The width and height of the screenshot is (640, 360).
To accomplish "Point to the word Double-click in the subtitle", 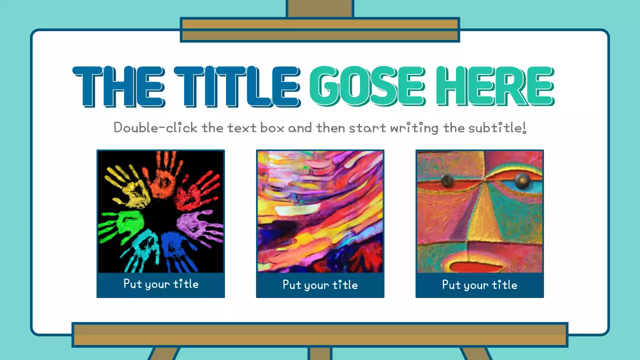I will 156,127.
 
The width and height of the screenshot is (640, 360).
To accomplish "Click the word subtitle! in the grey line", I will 497,127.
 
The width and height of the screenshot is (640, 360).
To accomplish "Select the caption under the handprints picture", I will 160,284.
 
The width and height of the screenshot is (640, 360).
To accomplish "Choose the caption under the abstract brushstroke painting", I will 320,285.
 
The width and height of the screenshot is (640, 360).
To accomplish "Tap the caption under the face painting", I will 479,285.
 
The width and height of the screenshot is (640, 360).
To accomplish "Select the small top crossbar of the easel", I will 319,29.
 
